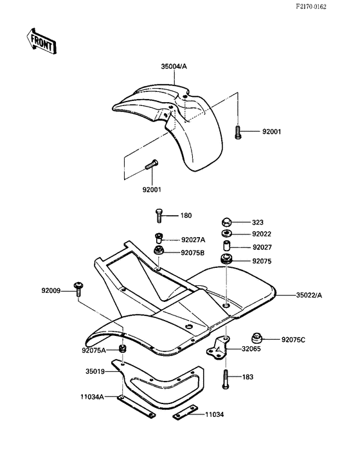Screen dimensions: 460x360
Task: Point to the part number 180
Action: [185, 215]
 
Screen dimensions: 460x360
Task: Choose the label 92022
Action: [262, 234]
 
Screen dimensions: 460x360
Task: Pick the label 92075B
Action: [193, 252]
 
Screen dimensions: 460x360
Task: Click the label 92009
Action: [52, 291]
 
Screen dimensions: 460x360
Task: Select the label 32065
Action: [251, 349]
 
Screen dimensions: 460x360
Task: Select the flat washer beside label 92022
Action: [227, 233]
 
